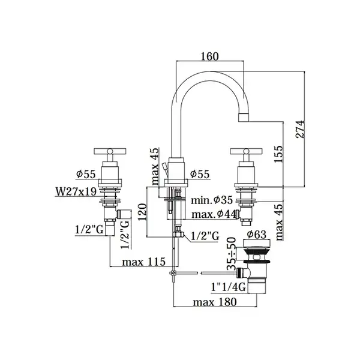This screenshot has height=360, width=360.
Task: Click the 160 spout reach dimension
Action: pos(209,56)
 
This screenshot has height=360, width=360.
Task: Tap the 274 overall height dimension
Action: pos(300,129)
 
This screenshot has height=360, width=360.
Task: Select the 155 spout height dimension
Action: pos(279,154)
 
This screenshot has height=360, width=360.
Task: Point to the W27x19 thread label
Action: pos(76,191)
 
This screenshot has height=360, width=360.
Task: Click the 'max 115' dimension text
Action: pos(143,262)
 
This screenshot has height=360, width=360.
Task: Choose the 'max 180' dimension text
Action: pos(215,302)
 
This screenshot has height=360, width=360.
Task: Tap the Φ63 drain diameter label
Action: pos(256,235)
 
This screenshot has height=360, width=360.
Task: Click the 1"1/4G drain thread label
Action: pos(229,287)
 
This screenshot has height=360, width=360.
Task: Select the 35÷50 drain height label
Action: pos(232,254)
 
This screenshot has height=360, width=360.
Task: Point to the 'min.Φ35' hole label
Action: pos(212,200)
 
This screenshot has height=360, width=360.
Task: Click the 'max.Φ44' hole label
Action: pos(214,214)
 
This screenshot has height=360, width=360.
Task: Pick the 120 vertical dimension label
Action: pos(142,212)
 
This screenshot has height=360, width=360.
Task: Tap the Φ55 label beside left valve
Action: pos(86,174)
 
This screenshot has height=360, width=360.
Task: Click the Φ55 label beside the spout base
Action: pos(200,174)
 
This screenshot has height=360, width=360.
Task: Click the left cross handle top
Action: pos(110,151)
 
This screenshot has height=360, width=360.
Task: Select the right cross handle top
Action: pos(246,151)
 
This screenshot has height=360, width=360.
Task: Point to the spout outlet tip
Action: pos(244,118)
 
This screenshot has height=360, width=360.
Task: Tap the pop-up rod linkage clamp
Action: pos(173,273)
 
